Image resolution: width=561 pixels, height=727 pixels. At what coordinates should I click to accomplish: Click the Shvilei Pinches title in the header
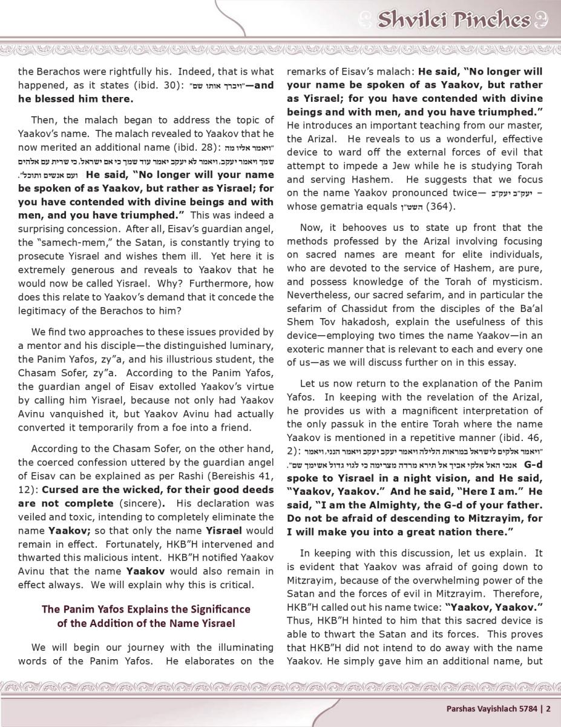coord(453,21)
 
